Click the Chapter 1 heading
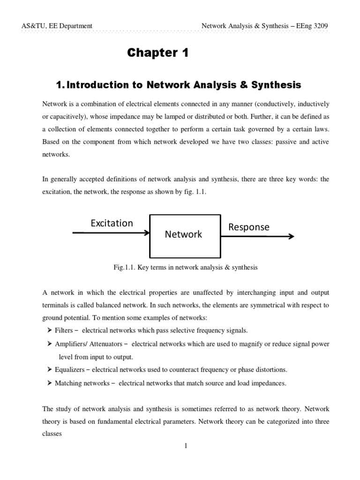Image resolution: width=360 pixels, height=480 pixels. pyautogui.click(x=157, y=53)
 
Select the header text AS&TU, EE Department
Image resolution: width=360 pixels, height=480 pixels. pyautogui.click(x=57, y=26)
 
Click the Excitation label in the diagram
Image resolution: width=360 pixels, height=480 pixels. pyautogui.click(x=112, y=223)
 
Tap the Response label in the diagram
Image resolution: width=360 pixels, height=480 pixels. pyautogui.click(x=248, y=227)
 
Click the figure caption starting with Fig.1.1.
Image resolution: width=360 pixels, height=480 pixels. pyautogui.click(x=186, y=267)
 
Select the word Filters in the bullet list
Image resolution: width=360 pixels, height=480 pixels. pyautogui.click(x=64, y=330)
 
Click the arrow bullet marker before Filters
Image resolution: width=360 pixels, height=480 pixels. pyautogui.click(x=49, y=330)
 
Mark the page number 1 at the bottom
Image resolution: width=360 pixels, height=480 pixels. pyautogui.click(x=186, y=446)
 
